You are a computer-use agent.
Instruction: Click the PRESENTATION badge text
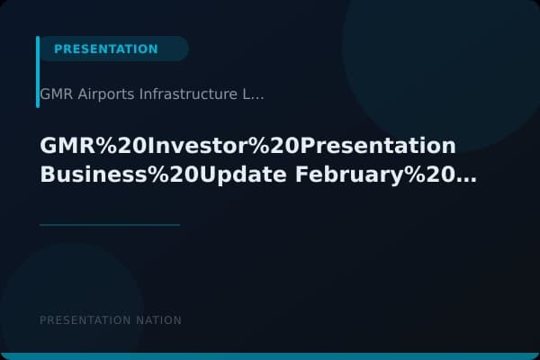105,49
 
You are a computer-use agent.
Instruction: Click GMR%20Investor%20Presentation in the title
247,147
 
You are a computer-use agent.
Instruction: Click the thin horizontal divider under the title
110,224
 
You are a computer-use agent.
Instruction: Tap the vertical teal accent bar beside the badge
38,72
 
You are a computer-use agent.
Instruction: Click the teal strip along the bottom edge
270,356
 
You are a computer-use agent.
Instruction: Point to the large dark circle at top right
441,63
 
